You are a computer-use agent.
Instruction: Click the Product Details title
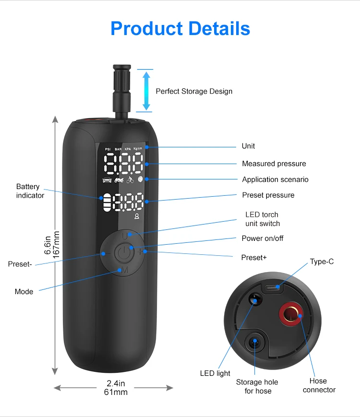click(x=180, y=29)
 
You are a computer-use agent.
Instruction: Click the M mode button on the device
click(x=124, y=270)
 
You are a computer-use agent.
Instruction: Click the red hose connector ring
click(x=290, y=314)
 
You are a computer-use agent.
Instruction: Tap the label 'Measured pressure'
click(x=274, y=164)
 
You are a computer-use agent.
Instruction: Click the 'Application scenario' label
click(x=275, y=179)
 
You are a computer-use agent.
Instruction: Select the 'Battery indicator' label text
click(x=30, y=191)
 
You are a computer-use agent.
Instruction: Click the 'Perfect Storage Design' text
click(x=194, y=91)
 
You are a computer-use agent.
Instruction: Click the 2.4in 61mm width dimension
click(x=115, y=388)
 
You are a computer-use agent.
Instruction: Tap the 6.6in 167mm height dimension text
click(x=51, y=245)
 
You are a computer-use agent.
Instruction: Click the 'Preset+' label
click(x=253, y=258)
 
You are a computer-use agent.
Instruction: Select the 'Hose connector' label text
click(x=319, y=385)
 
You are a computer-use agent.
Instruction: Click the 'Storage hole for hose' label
click(x=257, y=386)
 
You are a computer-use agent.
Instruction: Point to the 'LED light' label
click(x=215, y=373)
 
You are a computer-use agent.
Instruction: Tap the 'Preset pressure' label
click(x=268, y=195)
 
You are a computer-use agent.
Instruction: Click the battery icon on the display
click(x=105, y=202)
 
